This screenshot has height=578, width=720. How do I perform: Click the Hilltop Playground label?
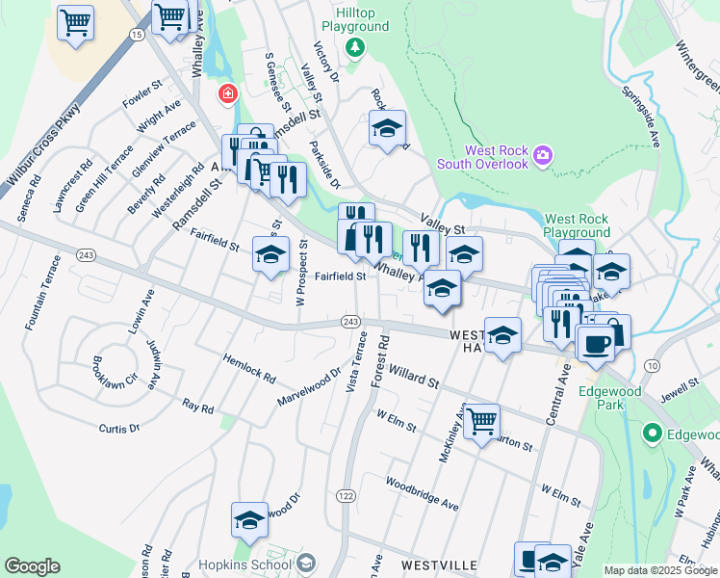[x=355, y=21]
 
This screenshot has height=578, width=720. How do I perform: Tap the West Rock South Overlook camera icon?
[x=543, y=154]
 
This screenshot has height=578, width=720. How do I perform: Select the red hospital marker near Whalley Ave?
[x=227, y=93]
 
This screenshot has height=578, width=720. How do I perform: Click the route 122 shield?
[x=345, y=494]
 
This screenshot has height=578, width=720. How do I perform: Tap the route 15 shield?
[x=138, y=34]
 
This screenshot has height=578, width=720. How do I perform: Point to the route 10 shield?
[x=652, y=365]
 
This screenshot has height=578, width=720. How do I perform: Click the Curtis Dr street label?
[x=119, y=427]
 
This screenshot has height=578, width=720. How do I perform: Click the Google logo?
[x=33, y=566]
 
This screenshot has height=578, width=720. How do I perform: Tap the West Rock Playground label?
[x=577, y=225]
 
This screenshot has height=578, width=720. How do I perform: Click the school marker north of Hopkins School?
[x=249, y=521]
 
